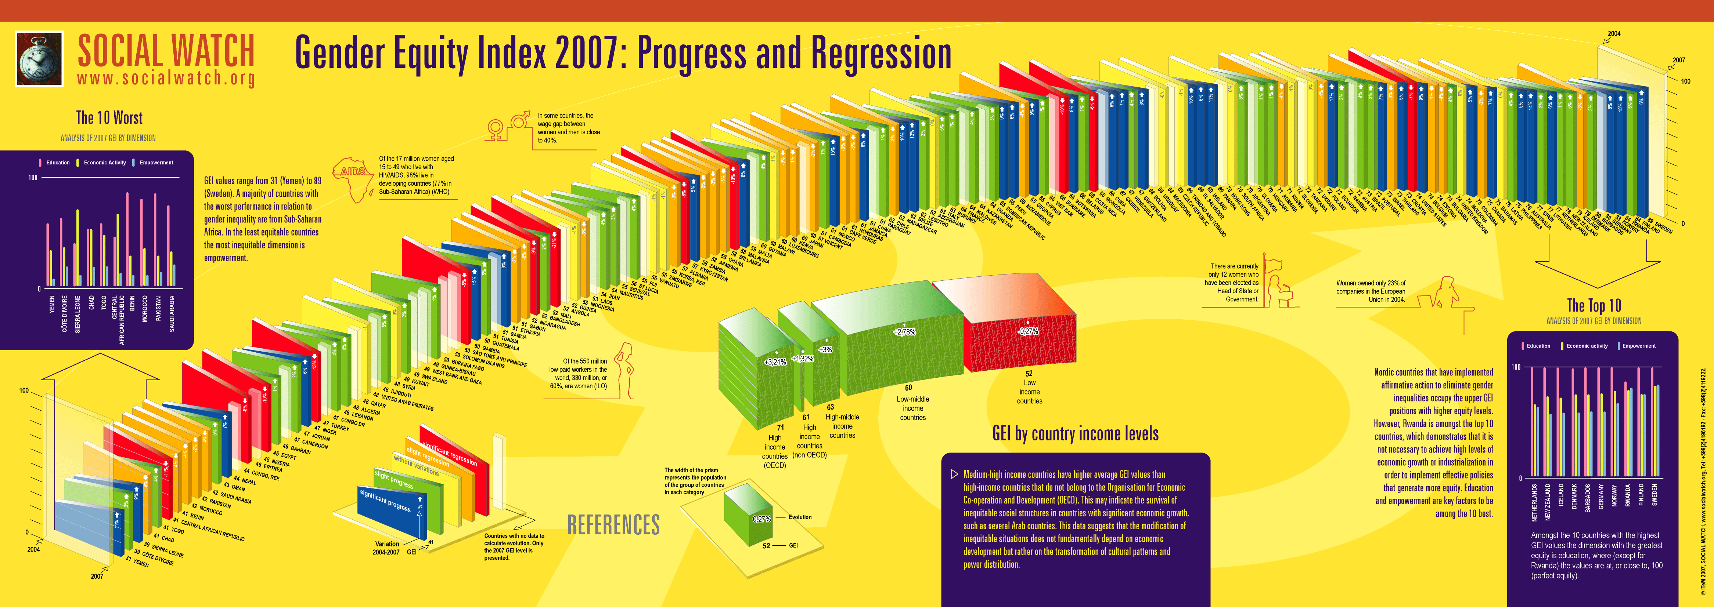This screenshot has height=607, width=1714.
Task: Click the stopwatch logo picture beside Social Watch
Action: pyautogui.click(x=39, y=59)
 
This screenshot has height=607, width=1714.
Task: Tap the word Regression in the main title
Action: pyautogui.click(x=881, y=53)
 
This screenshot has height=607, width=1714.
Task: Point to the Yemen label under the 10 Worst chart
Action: pyautogui.click(x=52, y=305)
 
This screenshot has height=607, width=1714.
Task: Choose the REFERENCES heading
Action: pyautogui.click(x=613, y=524)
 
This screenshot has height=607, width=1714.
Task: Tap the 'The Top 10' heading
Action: pyautogui.click(x=1594, y=306)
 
